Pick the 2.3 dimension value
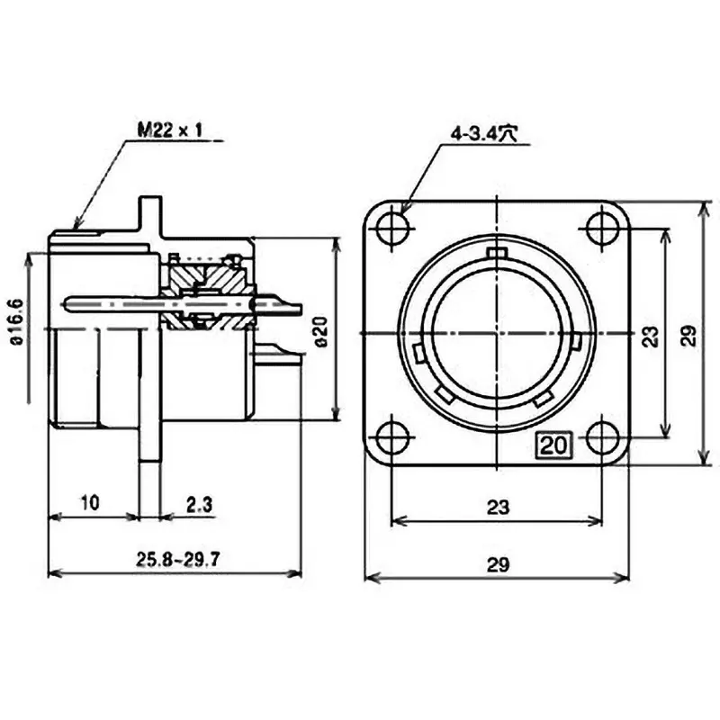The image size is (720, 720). pyautogui.click(x=199, y=506)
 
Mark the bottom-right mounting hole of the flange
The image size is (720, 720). pyautogui.click(x=602, y=438)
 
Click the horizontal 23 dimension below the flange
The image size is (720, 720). pyautogui.click(x=497, y=508)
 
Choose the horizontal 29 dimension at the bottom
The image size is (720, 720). pyautogui.click(x=497, y=564)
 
